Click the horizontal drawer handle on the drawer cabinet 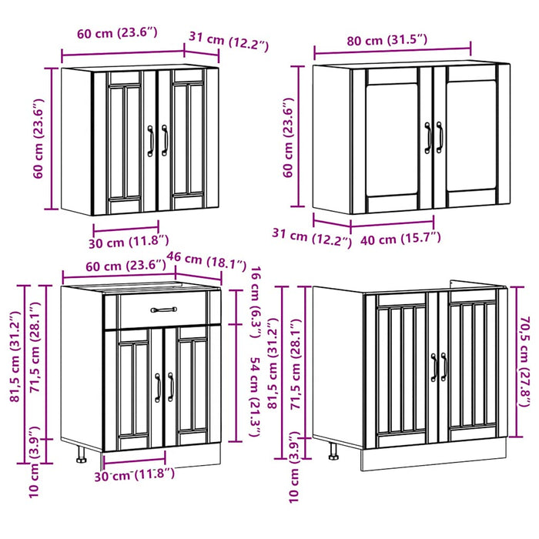click(x=163, y=310)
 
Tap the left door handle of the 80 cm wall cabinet click(x=428, y=137)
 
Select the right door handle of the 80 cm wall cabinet click(x=440, y=137)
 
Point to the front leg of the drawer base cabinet click(x=81, y=457)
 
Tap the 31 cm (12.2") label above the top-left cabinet click(x=229, y=40)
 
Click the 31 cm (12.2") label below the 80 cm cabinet click(x=311, y=238)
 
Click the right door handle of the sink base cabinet click(x=444, y=367)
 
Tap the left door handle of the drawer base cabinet click(x=159, y=387)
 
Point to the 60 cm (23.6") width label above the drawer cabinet click(x=115, y=266)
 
